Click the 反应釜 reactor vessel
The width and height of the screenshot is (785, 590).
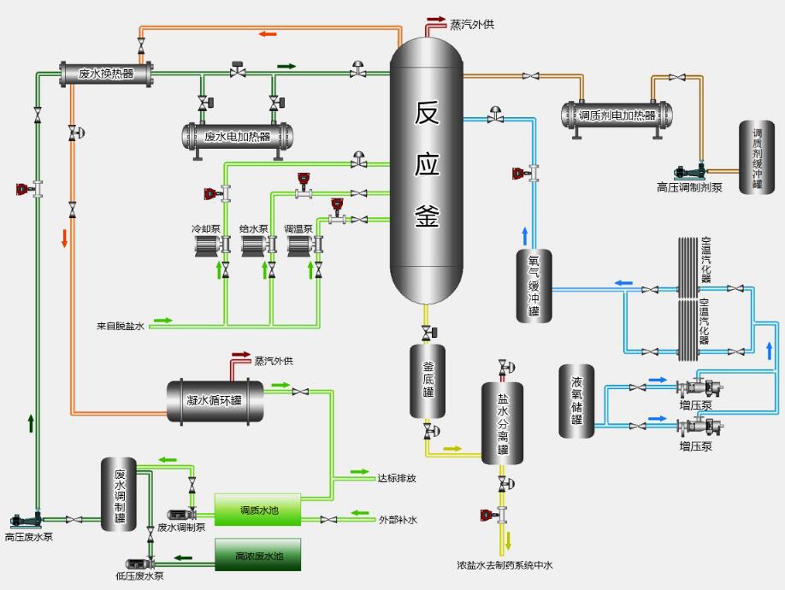[427, 171]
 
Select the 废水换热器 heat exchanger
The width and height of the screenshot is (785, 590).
[106, 74]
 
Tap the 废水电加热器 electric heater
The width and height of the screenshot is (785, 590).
[237, 136]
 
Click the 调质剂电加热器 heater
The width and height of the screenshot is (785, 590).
[617, 115]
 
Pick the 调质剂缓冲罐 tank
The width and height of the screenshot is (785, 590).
[757, 157]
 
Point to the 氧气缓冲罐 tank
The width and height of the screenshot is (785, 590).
[534, 286]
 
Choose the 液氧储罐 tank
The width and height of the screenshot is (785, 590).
[577, 401]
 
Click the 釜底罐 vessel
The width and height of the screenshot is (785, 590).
[428, 381]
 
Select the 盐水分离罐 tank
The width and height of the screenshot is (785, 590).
[503, 423]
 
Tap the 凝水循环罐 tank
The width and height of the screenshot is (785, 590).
[215, 401]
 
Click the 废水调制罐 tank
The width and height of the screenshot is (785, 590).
[119, 494]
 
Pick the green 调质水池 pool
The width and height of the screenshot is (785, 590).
[257, 510]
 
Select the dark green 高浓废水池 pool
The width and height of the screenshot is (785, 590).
[257, 555]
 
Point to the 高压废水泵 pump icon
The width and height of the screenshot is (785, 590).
[23, 519]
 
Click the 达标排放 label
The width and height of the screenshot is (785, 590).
[397, 478]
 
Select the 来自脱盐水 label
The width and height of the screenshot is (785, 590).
[121, 326]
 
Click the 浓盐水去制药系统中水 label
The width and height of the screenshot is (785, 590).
[505, 565]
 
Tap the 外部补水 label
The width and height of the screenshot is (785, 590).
[397, 519]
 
